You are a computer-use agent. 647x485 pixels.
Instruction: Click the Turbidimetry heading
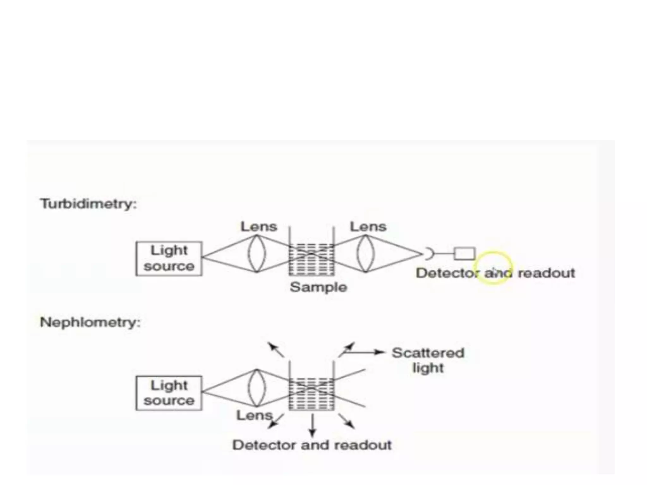click(88, 204)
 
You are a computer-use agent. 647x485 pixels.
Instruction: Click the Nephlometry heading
click(90, 323)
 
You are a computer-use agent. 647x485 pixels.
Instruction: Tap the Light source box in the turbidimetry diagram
click(169, 259)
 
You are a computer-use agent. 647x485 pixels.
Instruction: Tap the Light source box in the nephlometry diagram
click(169, 393)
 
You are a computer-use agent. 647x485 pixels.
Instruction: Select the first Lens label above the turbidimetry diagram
click(259, 227)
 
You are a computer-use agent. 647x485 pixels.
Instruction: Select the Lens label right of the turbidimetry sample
click(368, 227)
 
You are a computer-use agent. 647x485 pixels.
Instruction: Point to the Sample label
click(318, 287)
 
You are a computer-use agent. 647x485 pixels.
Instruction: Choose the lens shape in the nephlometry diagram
click(257, 388)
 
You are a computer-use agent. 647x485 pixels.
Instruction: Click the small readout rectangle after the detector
click(464, 254)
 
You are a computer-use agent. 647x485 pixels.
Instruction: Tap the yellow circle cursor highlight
click(493, 268)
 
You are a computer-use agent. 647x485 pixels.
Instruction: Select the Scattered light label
click(428, 360)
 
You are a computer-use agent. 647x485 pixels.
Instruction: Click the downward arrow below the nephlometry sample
click(312, 425)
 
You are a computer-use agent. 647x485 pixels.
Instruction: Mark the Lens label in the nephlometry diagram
click(254, 416)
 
